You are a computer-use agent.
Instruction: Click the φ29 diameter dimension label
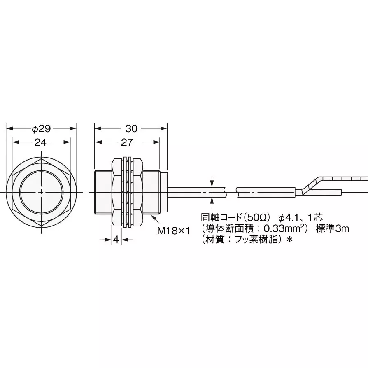click(41, 129)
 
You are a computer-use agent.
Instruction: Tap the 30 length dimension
click(131, 129)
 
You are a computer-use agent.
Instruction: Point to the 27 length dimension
click(127, 142)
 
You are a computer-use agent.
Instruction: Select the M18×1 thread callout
click(173, 231)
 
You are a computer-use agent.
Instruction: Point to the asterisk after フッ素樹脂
click(289, 240)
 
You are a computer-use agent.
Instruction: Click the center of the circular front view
click(42, 192)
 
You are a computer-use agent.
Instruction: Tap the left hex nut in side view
click(117, 192)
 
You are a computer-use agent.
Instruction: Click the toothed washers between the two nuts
click(127, 192)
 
